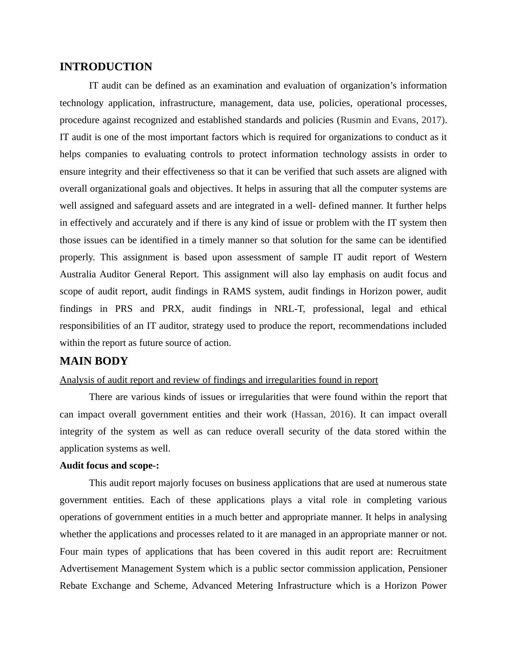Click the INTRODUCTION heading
coord(106,67)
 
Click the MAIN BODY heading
coord(94,361)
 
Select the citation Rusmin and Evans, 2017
coord(391,120)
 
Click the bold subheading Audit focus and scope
coord(109,466)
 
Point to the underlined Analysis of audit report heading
coord(219,380)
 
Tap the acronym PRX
coord(172,309)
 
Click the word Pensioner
coord(427,569)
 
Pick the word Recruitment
coord(422,552)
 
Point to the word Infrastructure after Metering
coord(304,586)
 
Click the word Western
coord(430,257)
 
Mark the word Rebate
coord(73,586)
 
